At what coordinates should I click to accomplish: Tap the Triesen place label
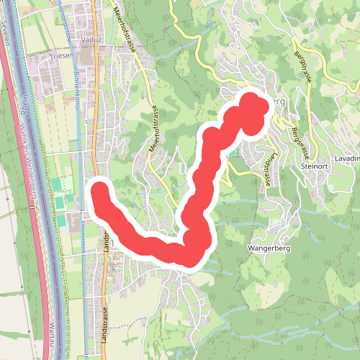pos(61,55)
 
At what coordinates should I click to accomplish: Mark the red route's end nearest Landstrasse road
pos(99,192)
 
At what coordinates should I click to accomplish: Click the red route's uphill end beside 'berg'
pos(253,104)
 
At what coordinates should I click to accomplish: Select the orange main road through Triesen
pos(94,144)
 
